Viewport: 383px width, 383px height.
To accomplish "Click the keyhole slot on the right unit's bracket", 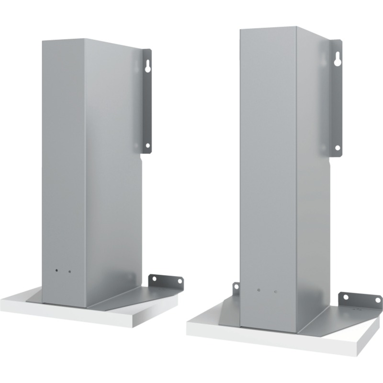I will click(338, 58).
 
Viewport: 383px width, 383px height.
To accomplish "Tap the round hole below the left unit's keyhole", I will click(147, 145).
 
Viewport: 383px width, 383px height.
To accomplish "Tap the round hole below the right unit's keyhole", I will click(338, 147).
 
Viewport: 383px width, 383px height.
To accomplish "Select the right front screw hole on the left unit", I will click(69, 271).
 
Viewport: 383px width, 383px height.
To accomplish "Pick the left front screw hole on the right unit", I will click(259, 290).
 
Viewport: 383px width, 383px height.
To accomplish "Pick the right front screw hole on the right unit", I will click(276, 291).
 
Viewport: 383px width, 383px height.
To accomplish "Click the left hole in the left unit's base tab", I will click(154, 279).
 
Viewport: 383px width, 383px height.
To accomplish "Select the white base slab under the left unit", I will click(72, 314).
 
